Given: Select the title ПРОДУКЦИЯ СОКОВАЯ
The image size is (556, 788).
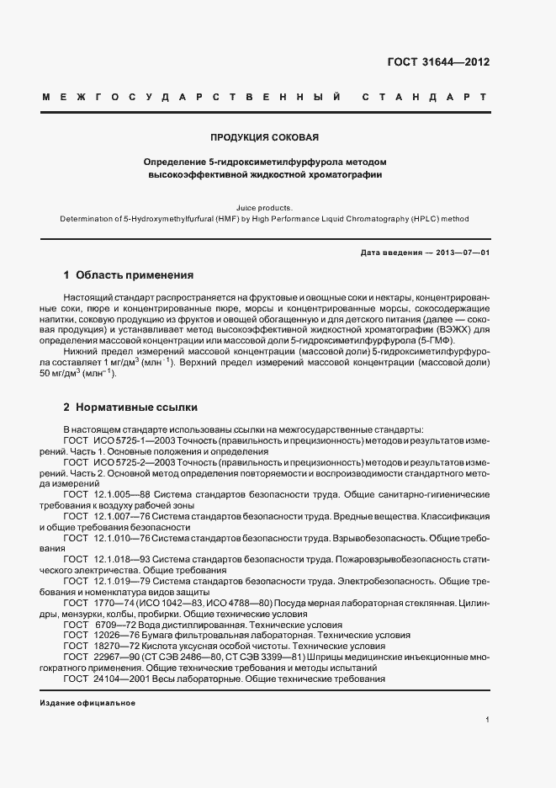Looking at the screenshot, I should [264, 136].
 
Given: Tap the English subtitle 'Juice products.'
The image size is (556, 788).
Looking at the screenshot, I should [265, 205].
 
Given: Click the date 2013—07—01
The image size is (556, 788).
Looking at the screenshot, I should [461, 253].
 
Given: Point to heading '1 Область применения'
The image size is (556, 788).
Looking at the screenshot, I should [129, 275].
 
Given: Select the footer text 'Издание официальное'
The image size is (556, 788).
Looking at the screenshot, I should [87, 702].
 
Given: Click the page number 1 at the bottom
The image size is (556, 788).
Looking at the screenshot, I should [487, 720].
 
